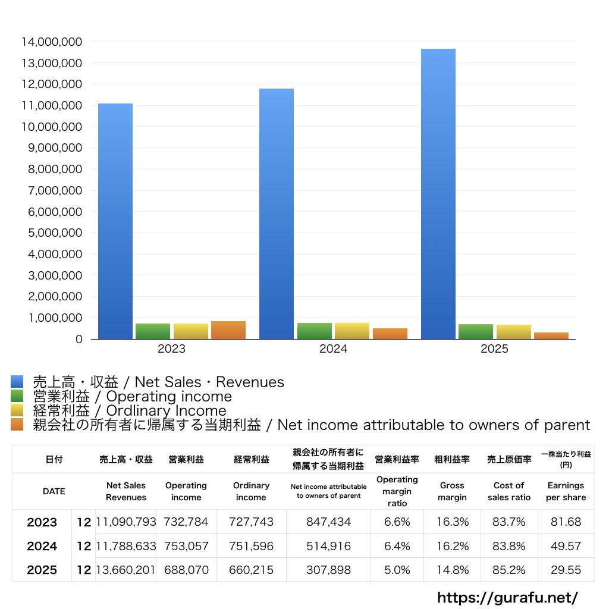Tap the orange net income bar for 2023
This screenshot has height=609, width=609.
(228, 330)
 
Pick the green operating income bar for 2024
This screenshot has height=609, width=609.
(315, 331)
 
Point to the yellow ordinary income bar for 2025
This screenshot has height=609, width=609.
(514, 332)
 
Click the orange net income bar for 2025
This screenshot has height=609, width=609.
(551, 335)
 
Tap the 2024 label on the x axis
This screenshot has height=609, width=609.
(333, 349)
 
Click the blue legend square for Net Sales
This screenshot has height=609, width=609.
(17, 382)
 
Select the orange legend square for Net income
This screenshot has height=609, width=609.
(17, 425)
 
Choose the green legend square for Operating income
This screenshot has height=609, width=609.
(17, 396)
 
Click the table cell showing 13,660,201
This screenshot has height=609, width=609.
(126, 570)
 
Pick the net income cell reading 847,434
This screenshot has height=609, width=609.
(328, 522)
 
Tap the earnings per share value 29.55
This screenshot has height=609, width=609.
(566, 570)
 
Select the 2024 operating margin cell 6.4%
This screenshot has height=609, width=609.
(397, 546)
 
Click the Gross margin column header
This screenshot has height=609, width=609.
(452, 491)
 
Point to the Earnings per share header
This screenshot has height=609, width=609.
(566, 491)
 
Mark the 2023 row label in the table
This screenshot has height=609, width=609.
(42, 522)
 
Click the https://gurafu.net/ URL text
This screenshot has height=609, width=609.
(507, 597)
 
